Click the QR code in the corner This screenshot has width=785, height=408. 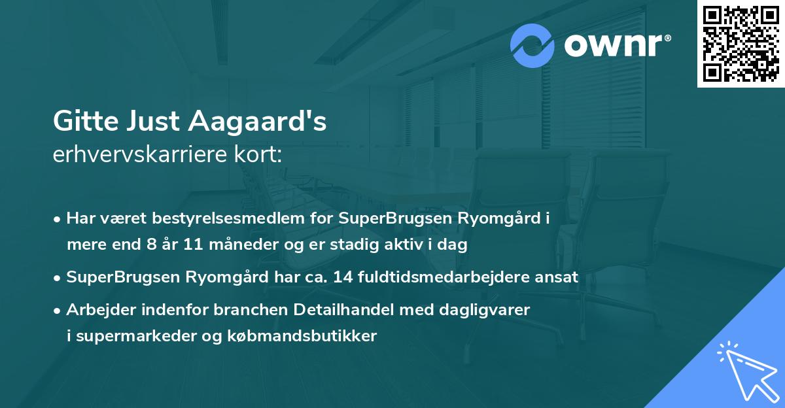point(741,44)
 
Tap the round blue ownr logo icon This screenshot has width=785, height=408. point(533,45)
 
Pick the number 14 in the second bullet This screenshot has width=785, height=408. point(343,277)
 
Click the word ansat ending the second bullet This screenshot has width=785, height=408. point(557,277)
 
